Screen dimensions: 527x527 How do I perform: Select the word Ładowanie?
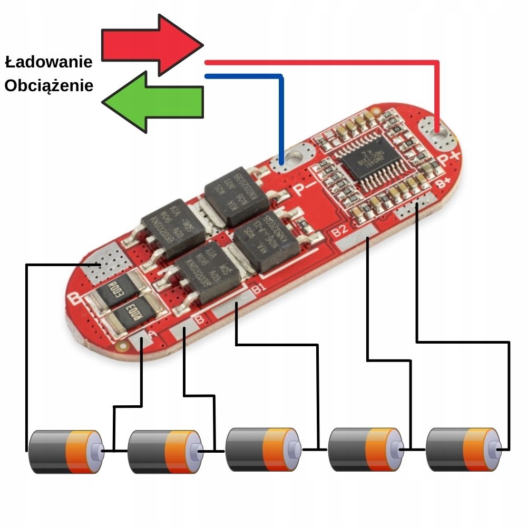pos(48,62)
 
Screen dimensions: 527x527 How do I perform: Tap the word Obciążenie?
pos(48,85)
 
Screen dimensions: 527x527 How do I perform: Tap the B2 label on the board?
pos(340,230)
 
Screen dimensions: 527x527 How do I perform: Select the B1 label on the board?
pos(258,288)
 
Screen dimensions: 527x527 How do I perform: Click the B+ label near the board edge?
pos(443,182)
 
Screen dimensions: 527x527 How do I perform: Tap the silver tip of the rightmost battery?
pos(495,449)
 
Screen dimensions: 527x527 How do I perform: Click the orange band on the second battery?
pos(179,451)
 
